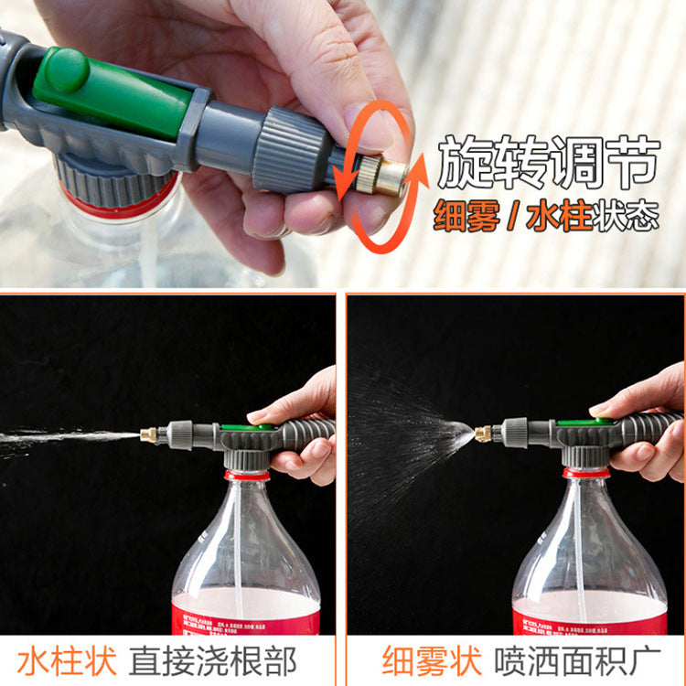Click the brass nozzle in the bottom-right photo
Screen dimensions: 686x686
click(x=483, y=433)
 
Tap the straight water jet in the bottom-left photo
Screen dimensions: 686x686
click(x=64, y=438)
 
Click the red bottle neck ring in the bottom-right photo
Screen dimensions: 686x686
click(x=585, y=473)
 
